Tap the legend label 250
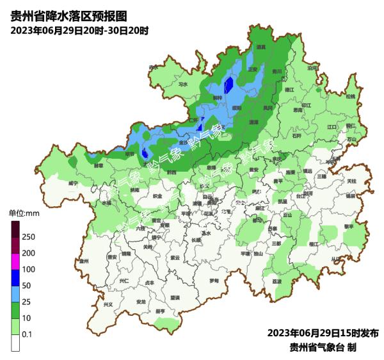click(28, 237)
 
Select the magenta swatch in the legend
click(15, 261)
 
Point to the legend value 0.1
click(28, 334)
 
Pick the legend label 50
click(26, 286)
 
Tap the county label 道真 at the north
click(261, 47)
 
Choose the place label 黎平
click(349, 226)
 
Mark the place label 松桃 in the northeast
click(350, 96)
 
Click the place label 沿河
click(312, 67)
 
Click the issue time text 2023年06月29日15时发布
click(323, 333)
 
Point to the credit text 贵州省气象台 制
click(323, 347)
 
